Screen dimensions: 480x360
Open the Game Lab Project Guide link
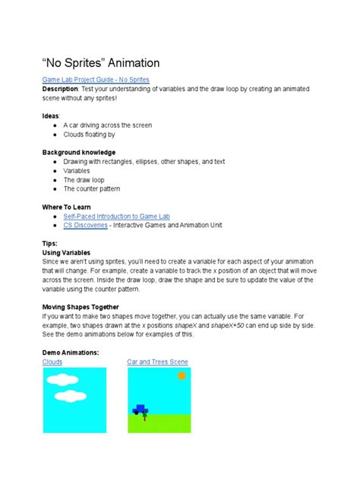point(96,79)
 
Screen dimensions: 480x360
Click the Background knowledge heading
point(81,152)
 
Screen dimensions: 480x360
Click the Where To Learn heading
point(68,207)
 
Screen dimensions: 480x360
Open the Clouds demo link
point(52,362)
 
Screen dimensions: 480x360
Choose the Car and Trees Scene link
point(157,362)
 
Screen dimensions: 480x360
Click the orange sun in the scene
point(182,376)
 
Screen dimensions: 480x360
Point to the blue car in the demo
point(140,409)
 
